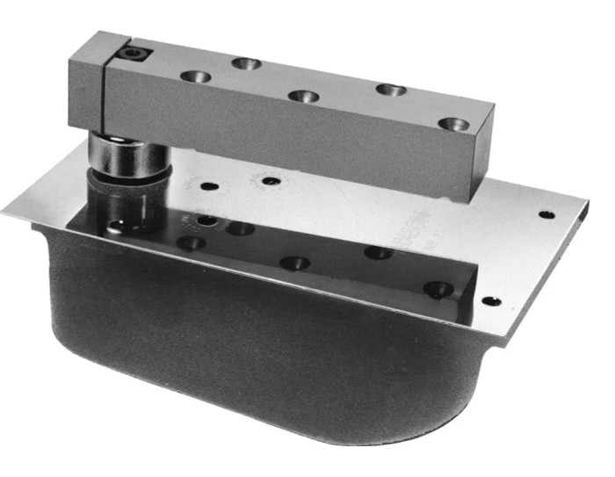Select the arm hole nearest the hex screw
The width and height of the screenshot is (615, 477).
[196, 76]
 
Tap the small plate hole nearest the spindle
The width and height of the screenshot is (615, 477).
[209, 186]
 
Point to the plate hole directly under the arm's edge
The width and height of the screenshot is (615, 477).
[271, 181]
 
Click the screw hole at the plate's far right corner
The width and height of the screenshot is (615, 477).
[546, 213]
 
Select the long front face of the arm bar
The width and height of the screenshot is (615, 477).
[290, 132]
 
